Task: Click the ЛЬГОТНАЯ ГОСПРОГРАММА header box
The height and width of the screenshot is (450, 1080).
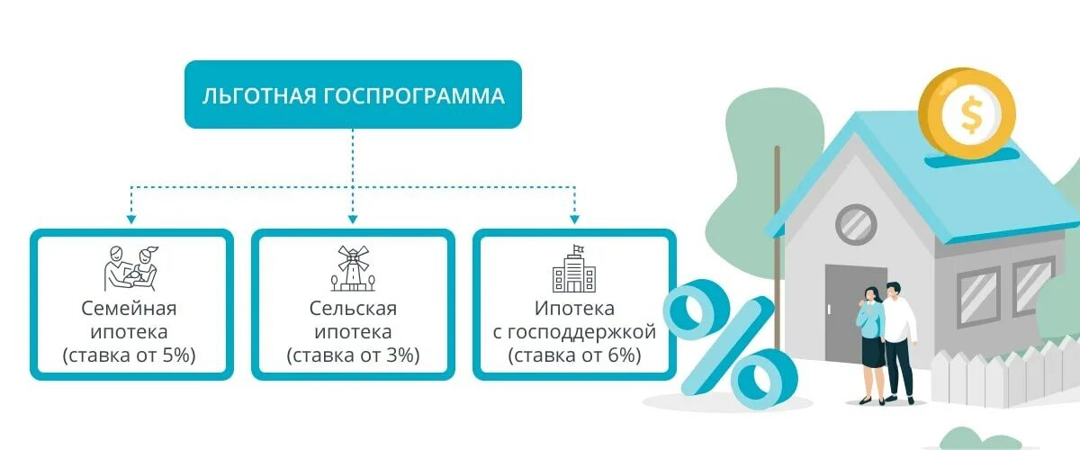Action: tap(353, 94)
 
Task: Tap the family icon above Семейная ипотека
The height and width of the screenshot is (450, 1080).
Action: tap(130, 267)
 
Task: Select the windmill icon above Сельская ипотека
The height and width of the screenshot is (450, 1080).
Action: tap(353, 267)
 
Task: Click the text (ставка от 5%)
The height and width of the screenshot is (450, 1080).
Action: tap(130, 355)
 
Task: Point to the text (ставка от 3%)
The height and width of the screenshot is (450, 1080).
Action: tap(353, 355)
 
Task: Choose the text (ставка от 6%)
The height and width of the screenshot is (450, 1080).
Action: tap(573, 355)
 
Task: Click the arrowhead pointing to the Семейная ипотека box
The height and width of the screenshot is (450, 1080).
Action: tap(131, 218)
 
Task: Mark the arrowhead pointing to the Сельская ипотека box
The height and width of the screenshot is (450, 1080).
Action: tap(353, 218)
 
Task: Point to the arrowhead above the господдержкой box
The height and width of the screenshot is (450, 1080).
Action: tap(574, 218)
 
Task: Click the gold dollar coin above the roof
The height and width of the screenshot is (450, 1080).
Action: tap(967, 114)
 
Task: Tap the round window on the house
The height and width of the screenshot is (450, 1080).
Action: tap(856, 224)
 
